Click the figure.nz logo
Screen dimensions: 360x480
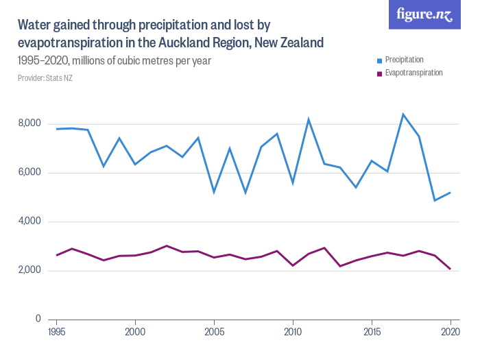(x=424, y=14)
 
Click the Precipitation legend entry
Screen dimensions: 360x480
(x=404, y=60)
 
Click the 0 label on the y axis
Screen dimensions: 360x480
(x=38, y=320)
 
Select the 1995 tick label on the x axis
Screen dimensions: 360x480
(x=56, y=332)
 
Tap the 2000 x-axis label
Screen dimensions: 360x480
(x=135, y=332)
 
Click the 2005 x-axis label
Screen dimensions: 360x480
(x=214, y=332)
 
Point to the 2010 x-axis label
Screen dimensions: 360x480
(x=293, y=332)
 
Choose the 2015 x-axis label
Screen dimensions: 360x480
(x=372, y=332)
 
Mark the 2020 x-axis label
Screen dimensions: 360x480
(x=451, y=332)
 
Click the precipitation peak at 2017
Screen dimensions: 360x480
(x=403, y=115)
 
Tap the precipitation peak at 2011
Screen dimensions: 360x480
(x=309, y=119)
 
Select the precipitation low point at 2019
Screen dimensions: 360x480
(x=435, y=200)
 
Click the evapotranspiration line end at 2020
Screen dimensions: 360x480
(x=451, y=269)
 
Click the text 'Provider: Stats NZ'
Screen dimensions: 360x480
(x=45, y=78)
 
